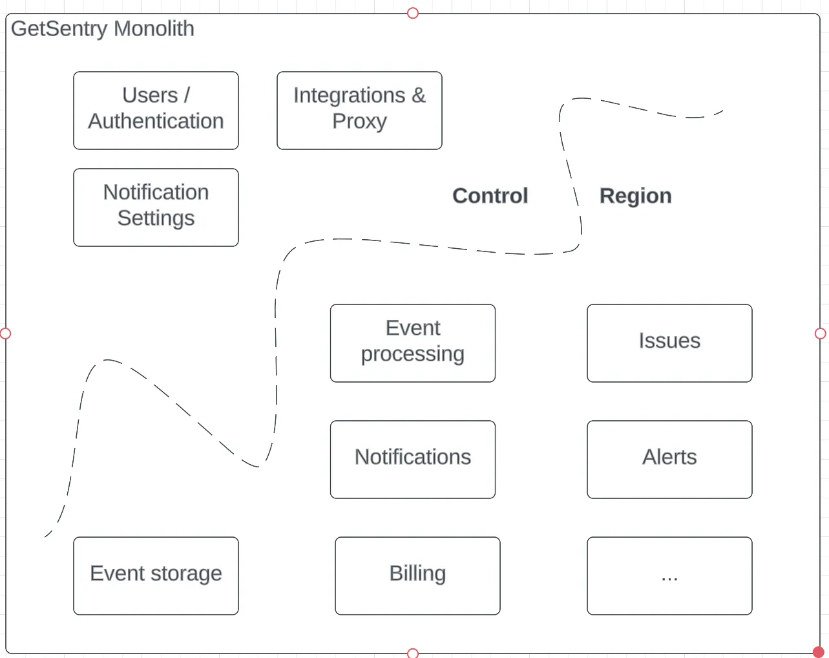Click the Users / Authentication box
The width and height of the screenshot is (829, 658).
(156, 111)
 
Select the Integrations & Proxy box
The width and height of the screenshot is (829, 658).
(359, 111)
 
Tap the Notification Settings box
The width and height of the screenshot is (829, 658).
(156, 207)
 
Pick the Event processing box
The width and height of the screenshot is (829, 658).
(412, 343)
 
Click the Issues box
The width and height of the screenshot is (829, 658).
(669, 343)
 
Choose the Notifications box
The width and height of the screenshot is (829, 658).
(412, 460)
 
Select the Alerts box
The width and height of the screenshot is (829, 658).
(669, 460)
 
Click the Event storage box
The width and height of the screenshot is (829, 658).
(156, 576)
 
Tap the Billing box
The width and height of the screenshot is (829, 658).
(417, 576)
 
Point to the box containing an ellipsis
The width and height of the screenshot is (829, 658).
(669, 576)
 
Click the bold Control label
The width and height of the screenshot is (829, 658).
(490, 196)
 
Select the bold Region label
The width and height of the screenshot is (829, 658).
(635, 196)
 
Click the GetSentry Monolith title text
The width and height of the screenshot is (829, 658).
(103, 29)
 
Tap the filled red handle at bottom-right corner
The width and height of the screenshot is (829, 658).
(818, 652)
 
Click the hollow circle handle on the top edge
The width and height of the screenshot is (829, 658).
(413, 13)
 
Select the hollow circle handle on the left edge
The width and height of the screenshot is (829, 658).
(6, 334)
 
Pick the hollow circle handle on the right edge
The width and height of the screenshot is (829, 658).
(820, 334)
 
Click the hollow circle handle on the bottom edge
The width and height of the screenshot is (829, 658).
(413, 653)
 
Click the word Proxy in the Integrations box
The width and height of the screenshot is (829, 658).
(359, 122)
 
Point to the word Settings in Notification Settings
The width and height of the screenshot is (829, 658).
(156, 218)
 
